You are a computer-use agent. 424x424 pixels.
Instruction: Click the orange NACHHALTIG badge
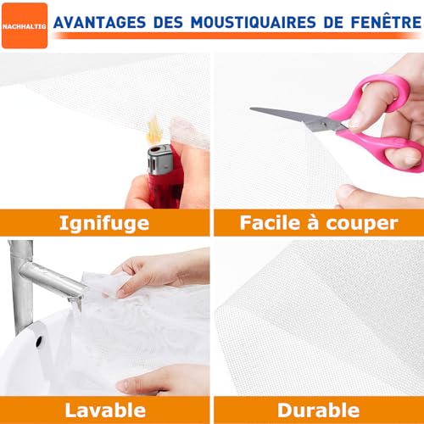25,25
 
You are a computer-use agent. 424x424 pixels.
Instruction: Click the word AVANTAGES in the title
99,23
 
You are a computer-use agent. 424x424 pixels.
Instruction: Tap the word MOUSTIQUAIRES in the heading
254,23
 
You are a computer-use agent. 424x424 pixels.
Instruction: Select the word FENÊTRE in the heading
386,22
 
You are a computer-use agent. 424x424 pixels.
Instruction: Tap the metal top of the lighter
159,159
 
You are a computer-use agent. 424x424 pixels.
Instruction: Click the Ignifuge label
104,223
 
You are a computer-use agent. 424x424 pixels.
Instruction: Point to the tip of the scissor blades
251,109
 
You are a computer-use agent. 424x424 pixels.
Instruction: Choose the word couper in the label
362,224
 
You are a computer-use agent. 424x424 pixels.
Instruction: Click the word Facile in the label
270,223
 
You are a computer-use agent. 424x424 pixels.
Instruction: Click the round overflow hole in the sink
39,341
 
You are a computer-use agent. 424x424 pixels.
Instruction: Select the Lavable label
105,410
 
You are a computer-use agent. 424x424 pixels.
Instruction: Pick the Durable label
318,410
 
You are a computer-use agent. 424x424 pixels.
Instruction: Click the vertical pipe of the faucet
21,286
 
